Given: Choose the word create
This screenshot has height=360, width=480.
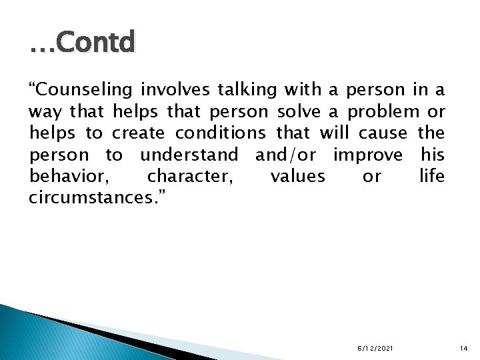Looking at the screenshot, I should (139, 133).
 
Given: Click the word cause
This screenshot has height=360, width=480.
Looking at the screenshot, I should (382, 133).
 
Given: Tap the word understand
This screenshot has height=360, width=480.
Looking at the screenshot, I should (189, 155).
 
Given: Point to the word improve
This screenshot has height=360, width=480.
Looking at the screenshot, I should (368, 155).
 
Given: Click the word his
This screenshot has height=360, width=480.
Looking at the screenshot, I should (433, 155).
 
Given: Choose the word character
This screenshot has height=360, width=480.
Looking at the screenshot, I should (189, 176).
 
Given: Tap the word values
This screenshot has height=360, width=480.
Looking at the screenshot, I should (298, 176).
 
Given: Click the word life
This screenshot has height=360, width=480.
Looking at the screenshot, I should (432, 176).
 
